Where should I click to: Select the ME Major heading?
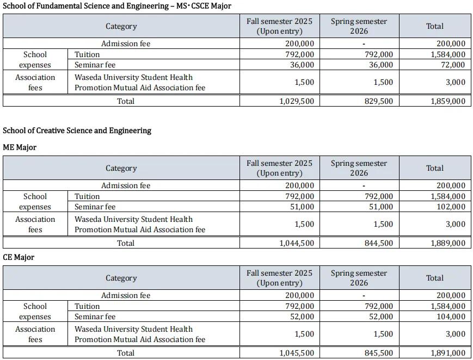pos(20,147)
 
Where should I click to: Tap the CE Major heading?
pos(19,257)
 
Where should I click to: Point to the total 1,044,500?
pos(297,243)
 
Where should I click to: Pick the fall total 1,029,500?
pos(297,101)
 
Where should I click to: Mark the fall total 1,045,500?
pos(297,353)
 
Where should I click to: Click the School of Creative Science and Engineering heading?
pos(77,131)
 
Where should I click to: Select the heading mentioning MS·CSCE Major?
pos(117,6)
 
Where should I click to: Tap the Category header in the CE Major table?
pos(121,278)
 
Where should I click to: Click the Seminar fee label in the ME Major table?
pos(95,207)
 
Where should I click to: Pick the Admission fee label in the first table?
pos(126,44)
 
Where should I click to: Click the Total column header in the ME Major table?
pos(434,168)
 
